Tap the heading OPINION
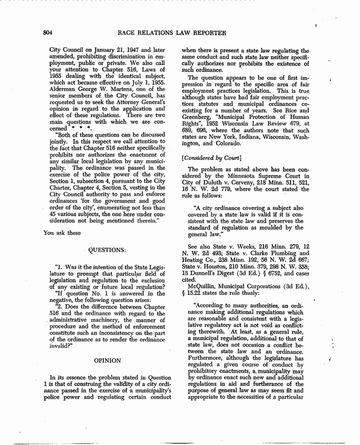108,360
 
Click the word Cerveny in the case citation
238,182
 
